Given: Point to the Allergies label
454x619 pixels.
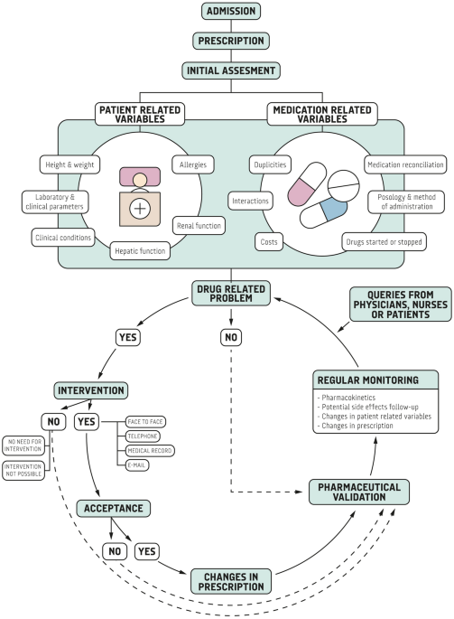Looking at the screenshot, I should (x=191, y=164).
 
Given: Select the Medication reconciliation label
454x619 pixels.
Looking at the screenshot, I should (x=403, y=164).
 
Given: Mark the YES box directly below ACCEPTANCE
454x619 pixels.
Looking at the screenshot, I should (x=148, y=550).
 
